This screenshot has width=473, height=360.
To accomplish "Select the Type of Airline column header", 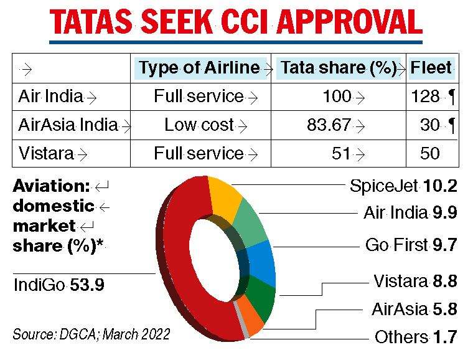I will click(199, 68).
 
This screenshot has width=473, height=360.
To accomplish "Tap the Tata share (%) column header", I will click(339, 68).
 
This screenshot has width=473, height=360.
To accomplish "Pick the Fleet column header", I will click(431, 68).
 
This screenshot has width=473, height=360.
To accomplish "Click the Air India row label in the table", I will click(51, 97).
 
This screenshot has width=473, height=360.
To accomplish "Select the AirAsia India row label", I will click(68, 125).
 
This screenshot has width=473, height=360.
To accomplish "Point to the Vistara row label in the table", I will click(47, 153).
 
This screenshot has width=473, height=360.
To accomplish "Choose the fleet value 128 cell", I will click(426, 97).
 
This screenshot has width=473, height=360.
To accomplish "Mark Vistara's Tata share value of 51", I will click(341, 153).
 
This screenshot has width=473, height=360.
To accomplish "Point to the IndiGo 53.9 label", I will click(59, 285).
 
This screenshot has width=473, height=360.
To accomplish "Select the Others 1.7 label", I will click(416, 338).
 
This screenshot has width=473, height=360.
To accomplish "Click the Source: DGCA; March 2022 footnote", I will click(91, 334).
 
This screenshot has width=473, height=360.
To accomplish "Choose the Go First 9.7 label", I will click(411, 245).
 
